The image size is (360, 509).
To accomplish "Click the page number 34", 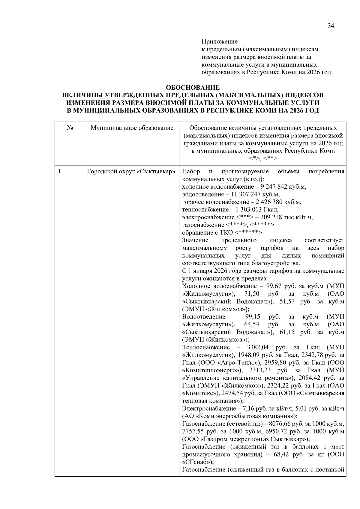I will coord(331,26).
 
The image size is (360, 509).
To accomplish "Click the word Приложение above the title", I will coord(219,41).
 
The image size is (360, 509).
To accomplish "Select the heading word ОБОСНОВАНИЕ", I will coord(193,88).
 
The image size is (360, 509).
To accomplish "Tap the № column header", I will coord(69,128).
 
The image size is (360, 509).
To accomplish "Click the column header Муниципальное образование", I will coord(132,128).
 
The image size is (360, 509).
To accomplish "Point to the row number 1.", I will coord(60,172).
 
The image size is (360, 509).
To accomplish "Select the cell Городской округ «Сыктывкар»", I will coord(131,172).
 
